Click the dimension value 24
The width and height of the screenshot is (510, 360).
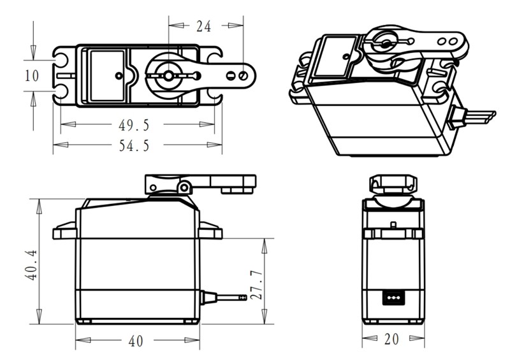(x=203, y=26)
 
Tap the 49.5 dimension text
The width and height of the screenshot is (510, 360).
(x=134, y=124)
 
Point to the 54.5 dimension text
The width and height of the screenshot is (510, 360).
(x=134, y=145)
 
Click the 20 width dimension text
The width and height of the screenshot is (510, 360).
(x=392, y=339)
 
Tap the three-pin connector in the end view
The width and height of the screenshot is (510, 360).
(x=392, y=297)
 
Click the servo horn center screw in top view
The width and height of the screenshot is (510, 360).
(x=168, y=75)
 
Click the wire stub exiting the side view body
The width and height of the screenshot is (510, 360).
(x=223, y=297)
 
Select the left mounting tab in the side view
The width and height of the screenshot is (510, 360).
(x=64, y=231)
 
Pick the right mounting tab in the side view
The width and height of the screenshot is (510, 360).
(x=210, y=231)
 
